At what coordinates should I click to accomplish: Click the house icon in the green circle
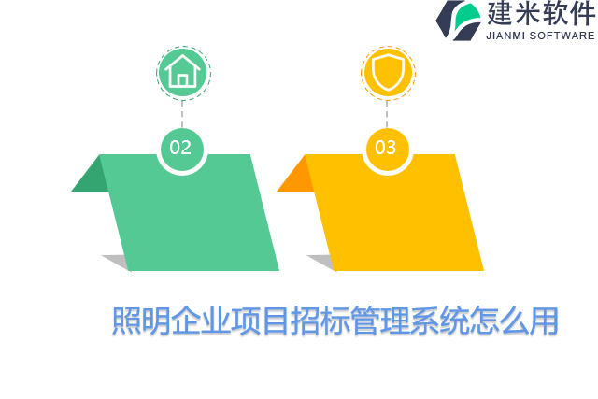pyautogui.click(x=182, y=72)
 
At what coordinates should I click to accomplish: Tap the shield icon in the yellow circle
pyautogui.click(x=387, y=72)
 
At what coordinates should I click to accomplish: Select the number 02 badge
pyautogui.click(x=181, y=148)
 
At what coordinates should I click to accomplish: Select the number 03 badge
pyautogui.click(x=386, y=148)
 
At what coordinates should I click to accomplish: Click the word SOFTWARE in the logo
pyautogui.click(x=562, y=36)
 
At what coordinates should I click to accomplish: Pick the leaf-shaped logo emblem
pyautogui.click(x=458, y=20)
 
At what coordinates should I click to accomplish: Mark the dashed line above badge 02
pyautogui.click(x=182, y=112)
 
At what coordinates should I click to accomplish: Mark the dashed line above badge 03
pyautogui.click(x=387, y=112)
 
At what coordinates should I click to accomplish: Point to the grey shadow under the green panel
pyautogui.click(x=117, y=262)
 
